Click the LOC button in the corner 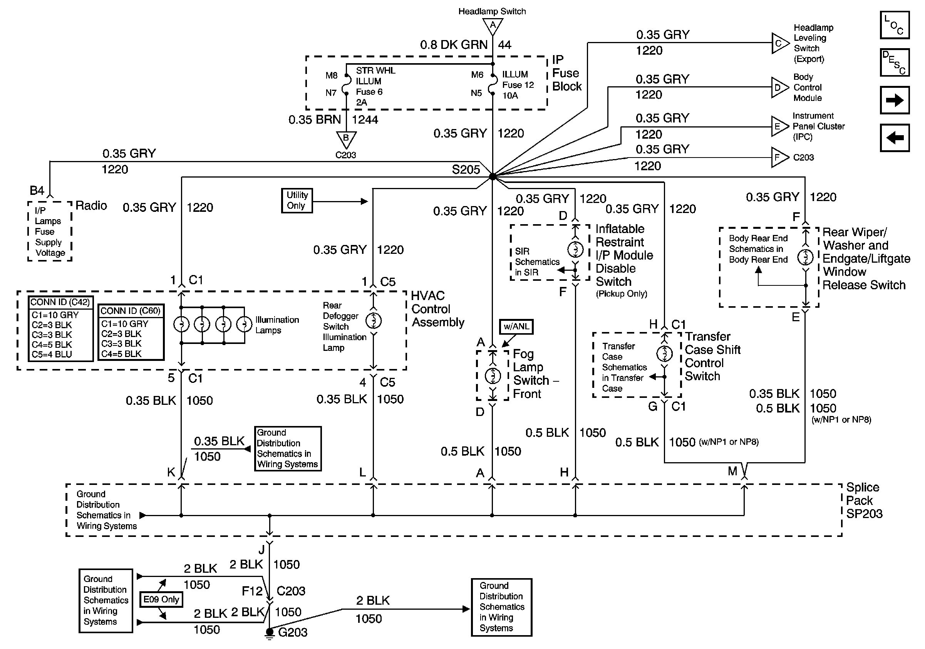[894, 25]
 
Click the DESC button [894, 63]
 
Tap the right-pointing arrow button [894, 100]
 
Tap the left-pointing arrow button [894, 138]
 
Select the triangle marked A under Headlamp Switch [492, 26]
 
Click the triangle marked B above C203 [346, 139]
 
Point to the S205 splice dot [492, 176]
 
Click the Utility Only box [297, 201]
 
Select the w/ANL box [516, 327]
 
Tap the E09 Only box [161, 599]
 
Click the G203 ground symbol [270, 634]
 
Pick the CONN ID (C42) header [60, 302]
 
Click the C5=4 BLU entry [52, 354]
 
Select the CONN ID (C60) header [131, 311]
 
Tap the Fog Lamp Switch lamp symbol [492, 376]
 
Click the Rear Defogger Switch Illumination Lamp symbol [374, 321]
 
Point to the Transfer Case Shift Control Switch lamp [664, 354]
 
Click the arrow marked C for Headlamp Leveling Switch [780, 43]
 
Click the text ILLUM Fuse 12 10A [518, 85]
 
